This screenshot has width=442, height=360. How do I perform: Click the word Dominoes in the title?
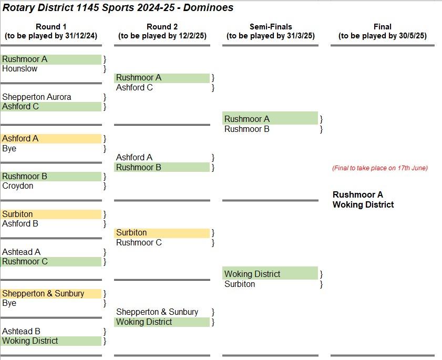click(208, 7)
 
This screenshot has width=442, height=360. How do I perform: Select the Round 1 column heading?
click(51, 27)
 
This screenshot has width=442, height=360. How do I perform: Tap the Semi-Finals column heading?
click(271, 27)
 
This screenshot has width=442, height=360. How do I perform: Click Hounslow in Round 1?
click(20, 68)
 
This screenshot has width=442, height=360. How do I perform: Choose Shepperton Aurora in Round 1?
click(37, 97)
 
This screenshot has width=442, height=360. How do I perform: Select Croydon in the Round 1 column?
click(18, 186)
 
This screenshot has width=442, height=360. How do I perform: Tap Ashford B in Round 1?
click(20, 223)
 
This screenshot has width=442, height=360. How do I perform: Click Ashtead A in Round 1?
click(21, 252)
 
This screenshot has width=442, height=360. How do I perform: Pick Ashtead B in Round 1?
click(21, 331)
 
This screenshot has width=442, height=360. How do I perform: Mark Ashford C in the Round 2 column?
click(135, 87)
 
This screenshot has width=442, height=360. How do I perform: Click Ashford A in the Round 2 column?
click(134, 157)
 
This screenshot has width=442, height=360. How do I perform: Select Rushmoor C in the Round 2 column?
click(139, 242)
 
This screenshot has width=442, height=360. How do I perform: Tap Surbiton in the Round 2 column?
click(131, 233)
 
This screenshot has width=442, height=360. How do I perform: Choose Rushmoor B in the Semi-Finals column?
click(247, 129)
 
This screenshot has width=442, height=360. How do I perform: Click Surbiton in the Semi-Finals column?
click(240, 284)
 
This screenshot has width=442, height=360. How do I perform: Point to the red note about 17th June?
click(380, 168)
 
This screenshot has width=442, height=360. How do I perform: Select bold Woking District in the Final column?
click(363, 204)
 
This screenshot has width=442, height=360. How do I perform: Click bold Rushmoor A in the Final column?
click(358, 194)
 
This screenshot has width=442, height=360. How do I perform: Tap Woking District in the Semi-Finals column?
click(252, 274)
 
